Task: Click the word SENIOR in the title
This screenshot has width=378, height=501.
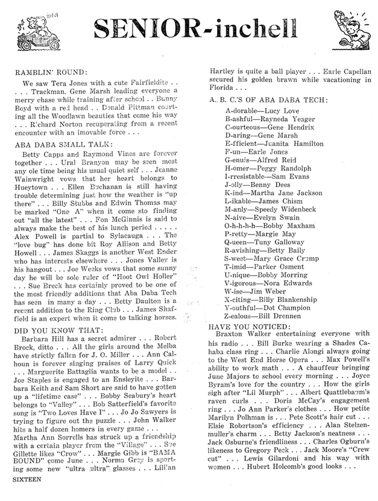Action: pos(142,27)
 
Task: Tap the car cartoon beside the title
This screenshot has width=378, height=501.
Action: pos(30,25)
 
